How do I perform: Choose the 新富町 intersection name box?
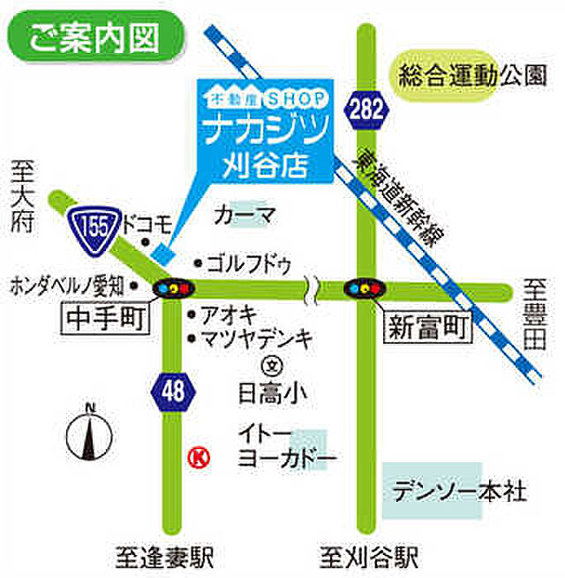point(428,328)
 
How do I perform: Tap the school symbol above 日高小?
point(273,363)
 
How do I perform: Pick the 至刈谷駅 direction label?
point(369,557)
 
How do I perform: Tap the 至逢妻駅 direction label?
point(165,557)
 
